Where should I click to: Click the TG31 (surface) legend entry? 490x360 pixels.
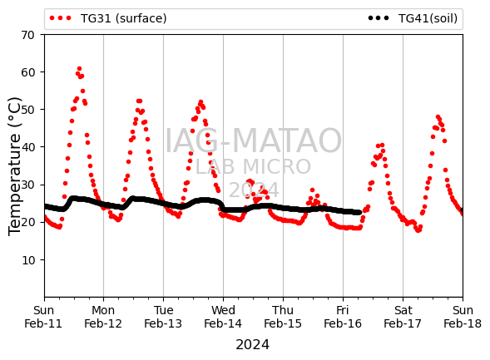click(108, 18)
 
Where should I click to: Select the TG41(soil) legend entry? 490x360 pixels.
click(413, 18)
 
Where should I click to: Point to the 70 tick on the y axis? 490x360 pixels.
click(27, 35)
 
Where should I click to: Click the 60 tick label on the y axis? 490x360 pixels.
click(27, 72)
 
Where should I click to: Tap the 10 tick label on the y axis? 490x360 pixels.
click(27, 260)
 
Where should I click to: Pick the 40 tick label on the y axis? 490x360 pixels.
click(27, 147)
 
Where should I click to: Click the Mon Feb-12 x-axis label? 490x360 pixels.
click(103, 317)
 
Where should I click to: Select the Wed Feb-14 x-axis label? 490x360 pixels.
click(223, 317)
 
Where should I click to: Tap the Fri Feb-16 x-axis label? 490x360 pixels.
click(343, 317)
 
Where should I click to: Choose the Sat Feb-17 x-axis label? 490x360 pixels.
click(403, 317)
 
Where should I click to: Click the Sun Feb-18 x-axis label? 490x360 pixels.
click(463, 317)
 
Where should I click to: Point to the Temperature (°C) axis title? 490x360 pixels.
click(14, 166)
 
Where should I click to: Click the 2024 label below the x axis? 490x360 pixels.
click(253, 345)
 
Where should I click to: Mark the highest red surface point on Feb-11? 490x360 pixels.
click(79, 69)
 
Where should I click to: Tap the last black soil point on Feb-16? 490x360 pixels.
click(359, 212)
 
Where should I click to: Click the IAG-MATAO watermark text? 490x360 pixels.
click(253, 141)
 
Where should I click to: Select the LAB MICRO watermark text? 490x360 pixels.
click(253, 167)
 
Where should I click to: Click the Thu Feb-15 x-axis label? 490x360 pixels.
click(283, 317)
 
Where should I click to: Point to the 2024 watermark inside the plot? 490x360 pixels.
click(254, 190)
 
